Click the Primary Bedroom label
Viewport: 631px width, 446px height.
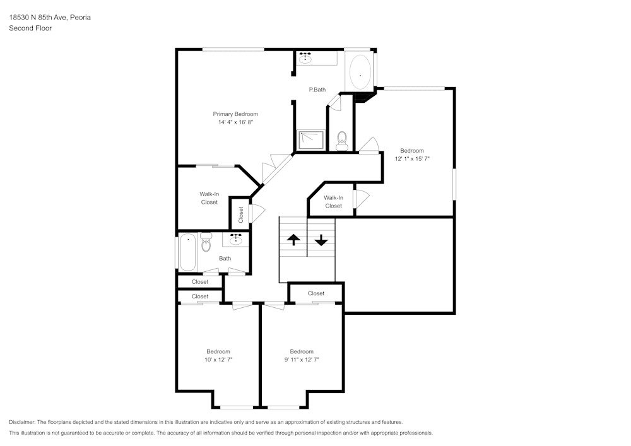coord(235,114)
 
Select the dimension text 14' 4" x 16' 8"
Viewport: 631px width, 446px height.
coord(235,122)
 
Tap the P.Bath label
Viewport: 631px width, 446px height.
coord(317,90)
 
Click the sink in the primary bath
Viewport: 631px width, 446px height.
coord(305,59)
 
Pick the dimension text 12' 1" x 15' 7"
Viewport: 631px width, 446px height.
coord(411,159)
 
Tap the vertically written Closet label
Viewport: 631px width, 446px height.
coord(241,215)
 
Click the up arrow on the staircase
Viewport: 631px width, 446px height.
coord(293,240)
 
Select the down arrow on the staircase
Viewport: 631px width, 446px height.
coord(321,240)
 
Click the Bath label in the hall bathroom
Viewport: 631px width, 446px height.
coord(225,258)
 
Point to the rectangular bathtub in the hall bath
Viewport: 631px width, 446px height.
coord(187,252)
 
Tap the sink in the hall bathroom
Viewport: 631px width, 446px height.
coord(236,239)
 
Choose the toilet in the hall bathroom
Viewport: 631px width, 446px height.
coord(206,243)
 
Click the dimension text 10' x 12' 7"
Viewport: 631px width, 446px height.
coord(218,360)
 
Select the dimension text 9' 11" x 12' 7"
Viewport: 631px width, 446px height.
coord(302,360)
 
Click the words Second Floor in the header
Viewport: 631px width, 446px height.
coord(30,28)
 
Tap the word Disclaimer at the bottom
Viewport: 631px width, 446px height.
coord(22,422)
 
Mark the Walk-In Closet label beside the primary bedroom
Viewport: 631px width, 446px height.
coord(209,198)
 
